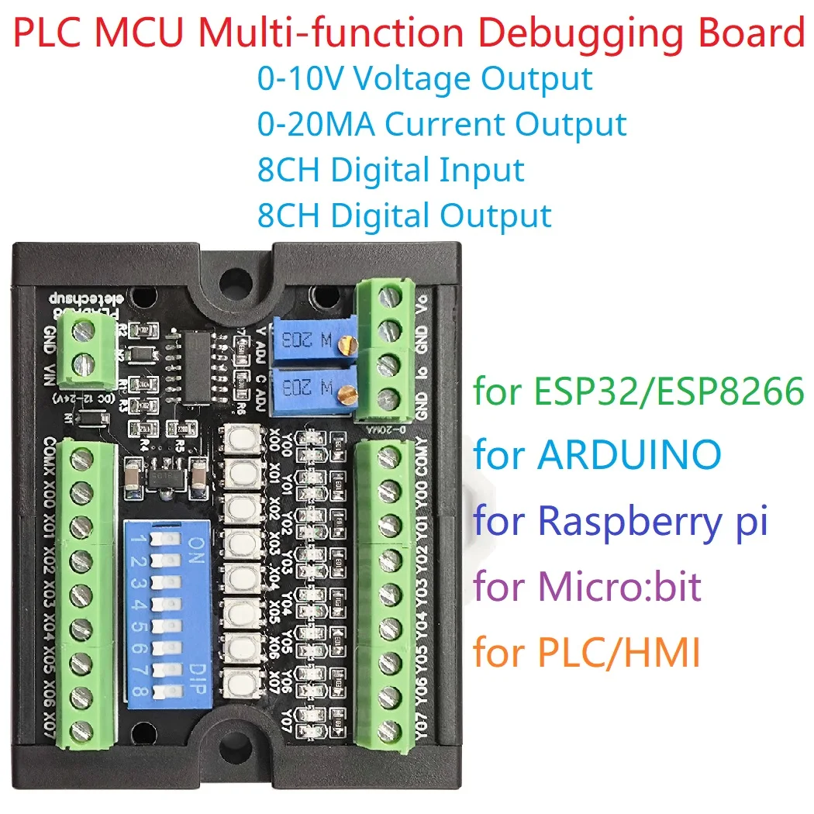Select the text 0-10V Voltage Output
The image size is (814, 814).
(x=425, y=79)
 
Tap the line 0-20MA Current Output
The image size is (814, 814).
(x=442, y=124)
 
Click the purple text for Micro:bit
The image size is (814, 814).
(x=587, y=587)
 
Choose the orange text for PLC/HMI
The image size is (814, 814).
(x=587, y=654)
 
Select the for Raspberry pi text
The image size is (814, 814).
(x=620, y=520)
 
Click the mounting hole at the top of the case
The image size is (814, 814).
(x=232, y=277)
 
